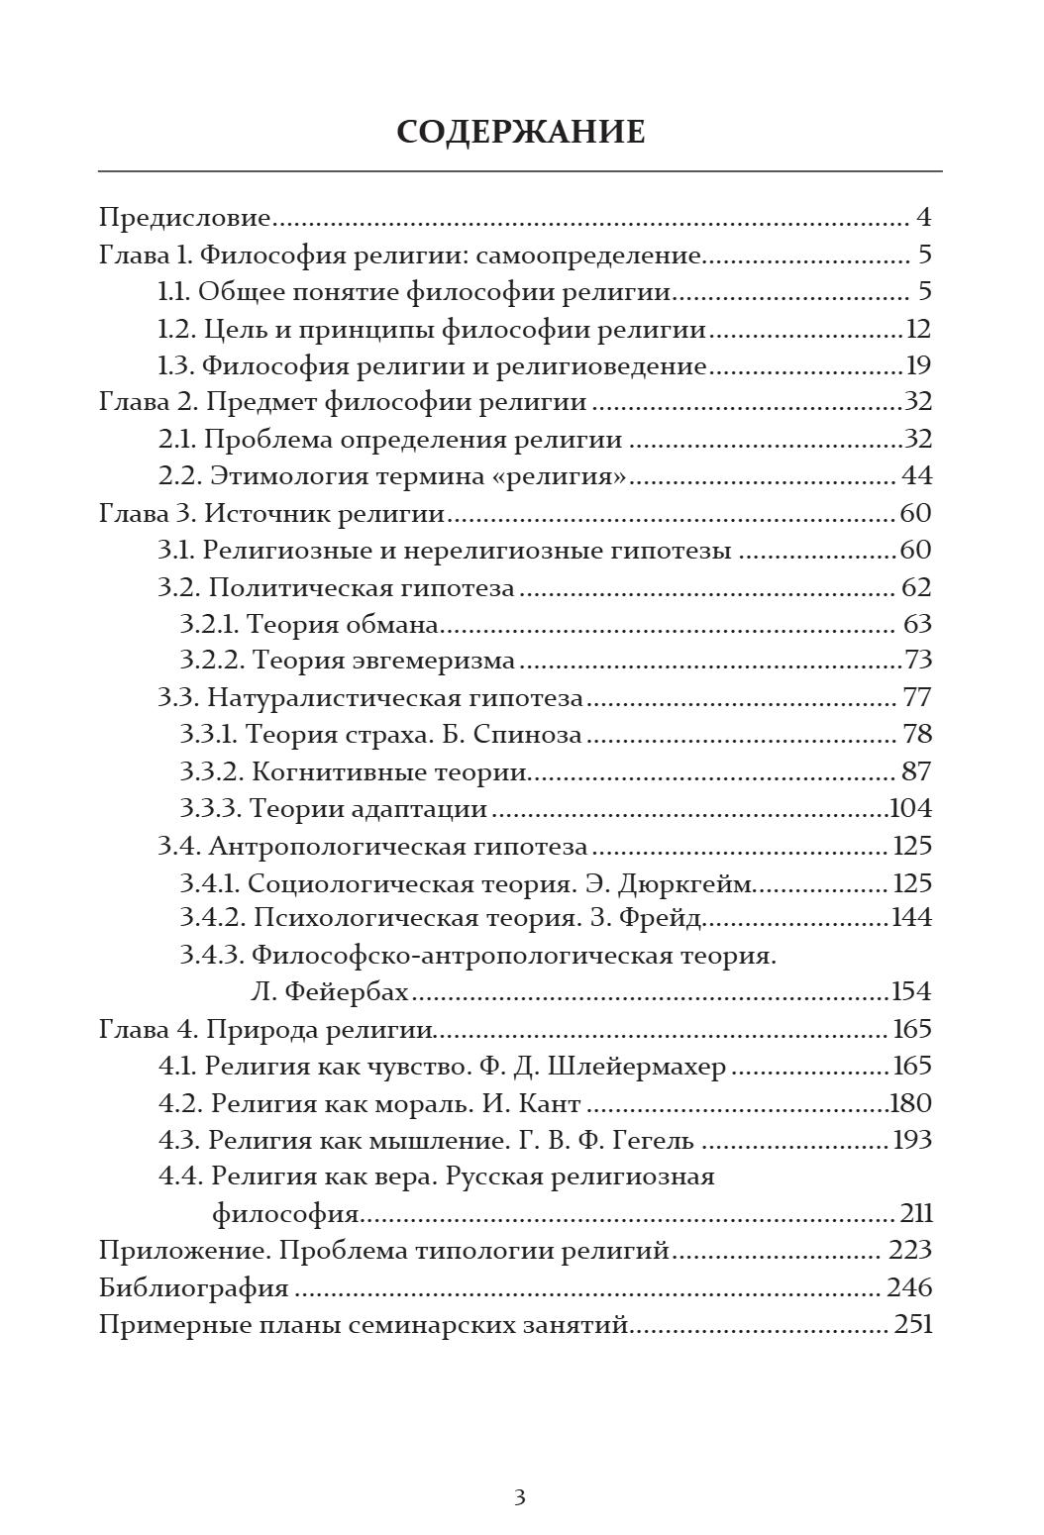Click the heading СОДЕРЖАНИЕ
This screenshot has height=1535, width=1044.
(520, 132)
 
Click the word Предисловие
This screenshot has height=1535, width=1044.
(185, 218)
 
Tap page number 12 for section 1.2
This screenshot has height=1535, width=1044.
(918, 329)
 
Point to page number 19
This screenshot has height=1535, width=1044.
(918, 366)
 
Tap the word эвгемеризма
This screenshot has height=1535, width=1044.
(432, 661)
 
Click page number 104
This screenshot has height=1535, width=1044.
(911, 809)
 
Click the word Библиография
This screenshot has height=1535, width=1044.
(194, 1288)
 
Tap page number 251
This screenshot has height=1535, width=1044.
(913, 1325)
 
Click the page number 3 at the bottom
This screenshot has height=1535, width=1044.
(519, 1497)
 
